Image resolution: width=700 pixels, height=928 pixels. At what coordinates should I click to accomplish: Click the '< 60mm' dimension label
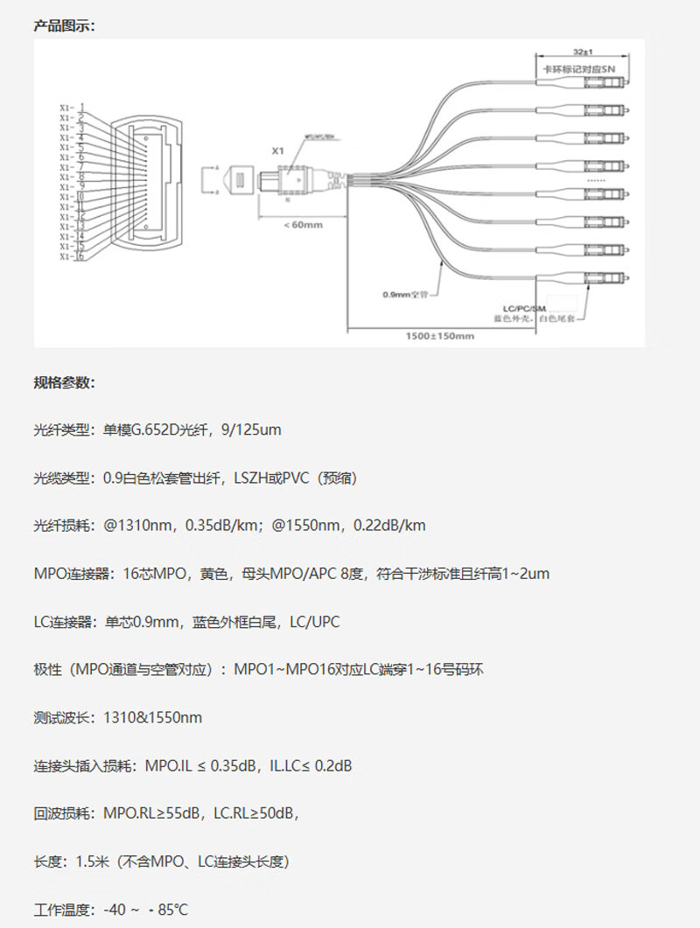(304, 225)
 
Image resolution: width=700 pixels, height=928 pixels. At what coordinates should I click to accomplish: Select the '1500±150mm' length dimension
(439, 336)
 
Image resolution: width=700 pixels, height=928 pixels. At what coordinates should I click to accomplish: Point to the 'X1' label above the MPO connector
(278, 151)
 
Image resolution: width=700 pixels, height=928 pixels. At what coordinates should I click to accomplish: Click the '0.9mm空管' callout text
(403, 294)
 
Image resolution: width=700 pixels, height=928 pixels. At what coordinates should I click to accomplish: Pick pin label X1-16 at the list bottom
(72, 256)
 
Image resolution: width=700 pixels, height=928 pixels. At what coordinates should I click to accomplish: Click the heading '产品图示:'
(64, 25)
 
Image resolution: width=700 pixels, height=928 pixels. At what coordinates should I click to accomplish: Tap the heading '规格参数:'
(64, 382)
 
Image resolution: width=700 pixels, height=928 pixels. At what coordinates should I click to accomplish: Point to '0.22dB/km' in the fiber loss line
(389, 526)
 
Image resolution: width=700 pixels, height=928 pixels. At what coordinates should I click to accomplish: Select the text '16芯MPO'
(161, 574)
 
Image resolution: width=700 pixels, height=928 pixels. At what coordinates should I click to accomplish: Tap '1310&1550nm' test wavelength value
(152, 718)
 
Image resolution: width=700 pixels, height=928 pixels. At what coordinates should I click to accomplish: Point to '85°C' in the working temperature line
(173, 911)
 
